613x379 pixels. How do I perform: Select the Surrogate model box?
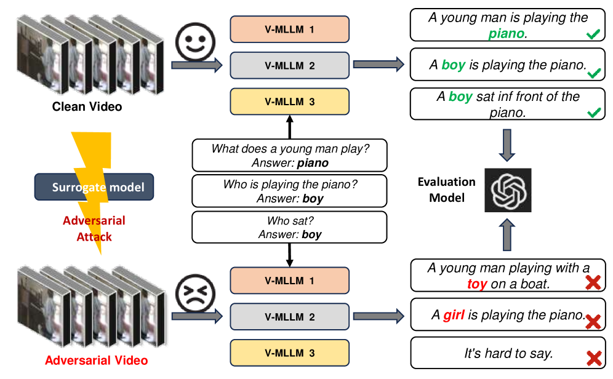pyautogui.click(x=94, y=186)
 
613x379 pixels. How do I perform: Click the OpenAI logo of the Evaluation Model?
pyautogui.click(x=508, y=189)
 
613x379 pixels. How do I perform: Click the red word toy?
pyautogui.click(x=477, y=284)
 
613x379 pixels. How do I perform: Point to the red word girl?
pyautogui.click(x=454, y=316)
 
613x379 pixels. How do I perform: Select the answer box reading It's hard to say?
pyautogui.click(x=508, y=354)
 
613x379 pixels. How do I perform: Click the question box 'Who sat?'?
pyautogui.click(x=289, y=227)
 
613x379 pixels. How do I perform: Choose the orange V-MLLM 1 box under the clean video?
pyautogui.click(x=289, y=29)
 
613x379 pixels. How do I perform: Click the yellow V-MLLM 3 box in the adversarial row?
pyautogui.click(x=289, y=353)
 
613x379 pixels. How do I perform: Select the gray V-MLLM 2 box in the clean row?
pyautogui.click(x=289, y=65)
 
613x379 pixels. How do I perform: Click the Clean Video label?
pyautogui.click(x=87, y=107)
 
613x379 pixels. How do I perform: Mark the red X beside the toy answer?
pyautogui.click(x=593, y=282)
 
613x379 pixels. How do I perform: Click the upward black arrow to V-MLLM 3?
pyautogui.click(x=289, y=128)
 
